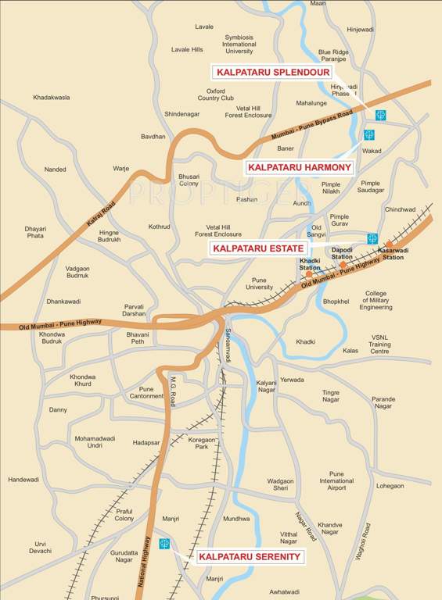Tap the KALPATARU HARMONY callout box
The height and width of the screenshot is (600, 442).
click(300, 167)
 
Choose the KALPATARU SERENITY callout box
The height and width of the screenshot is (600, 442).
click(250, 556)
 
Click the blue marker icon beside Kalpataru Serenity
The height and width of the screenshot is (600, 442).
click(164, 543)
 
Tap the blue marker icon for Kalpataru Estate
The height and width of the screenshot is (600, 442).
click(372, 238)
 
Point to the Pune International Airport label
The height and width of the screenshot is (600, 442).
click(336, 480)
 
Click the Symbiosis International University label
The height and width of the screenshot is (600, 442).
click(239, 44)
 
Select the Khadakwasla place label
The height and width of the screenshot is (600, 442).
click(52, 98)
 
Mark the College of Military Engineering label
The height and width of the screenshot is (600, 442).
click(376, 301)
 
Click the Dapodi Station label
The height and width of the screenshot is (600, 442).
click(342, 253)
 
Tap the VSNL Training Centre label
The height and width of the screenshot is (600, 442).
click(379, 345)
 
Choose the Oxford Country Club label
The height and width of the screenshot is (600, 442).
click(215, 95)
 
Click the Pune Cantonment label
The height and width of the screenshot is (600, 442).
click(146, 392)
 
